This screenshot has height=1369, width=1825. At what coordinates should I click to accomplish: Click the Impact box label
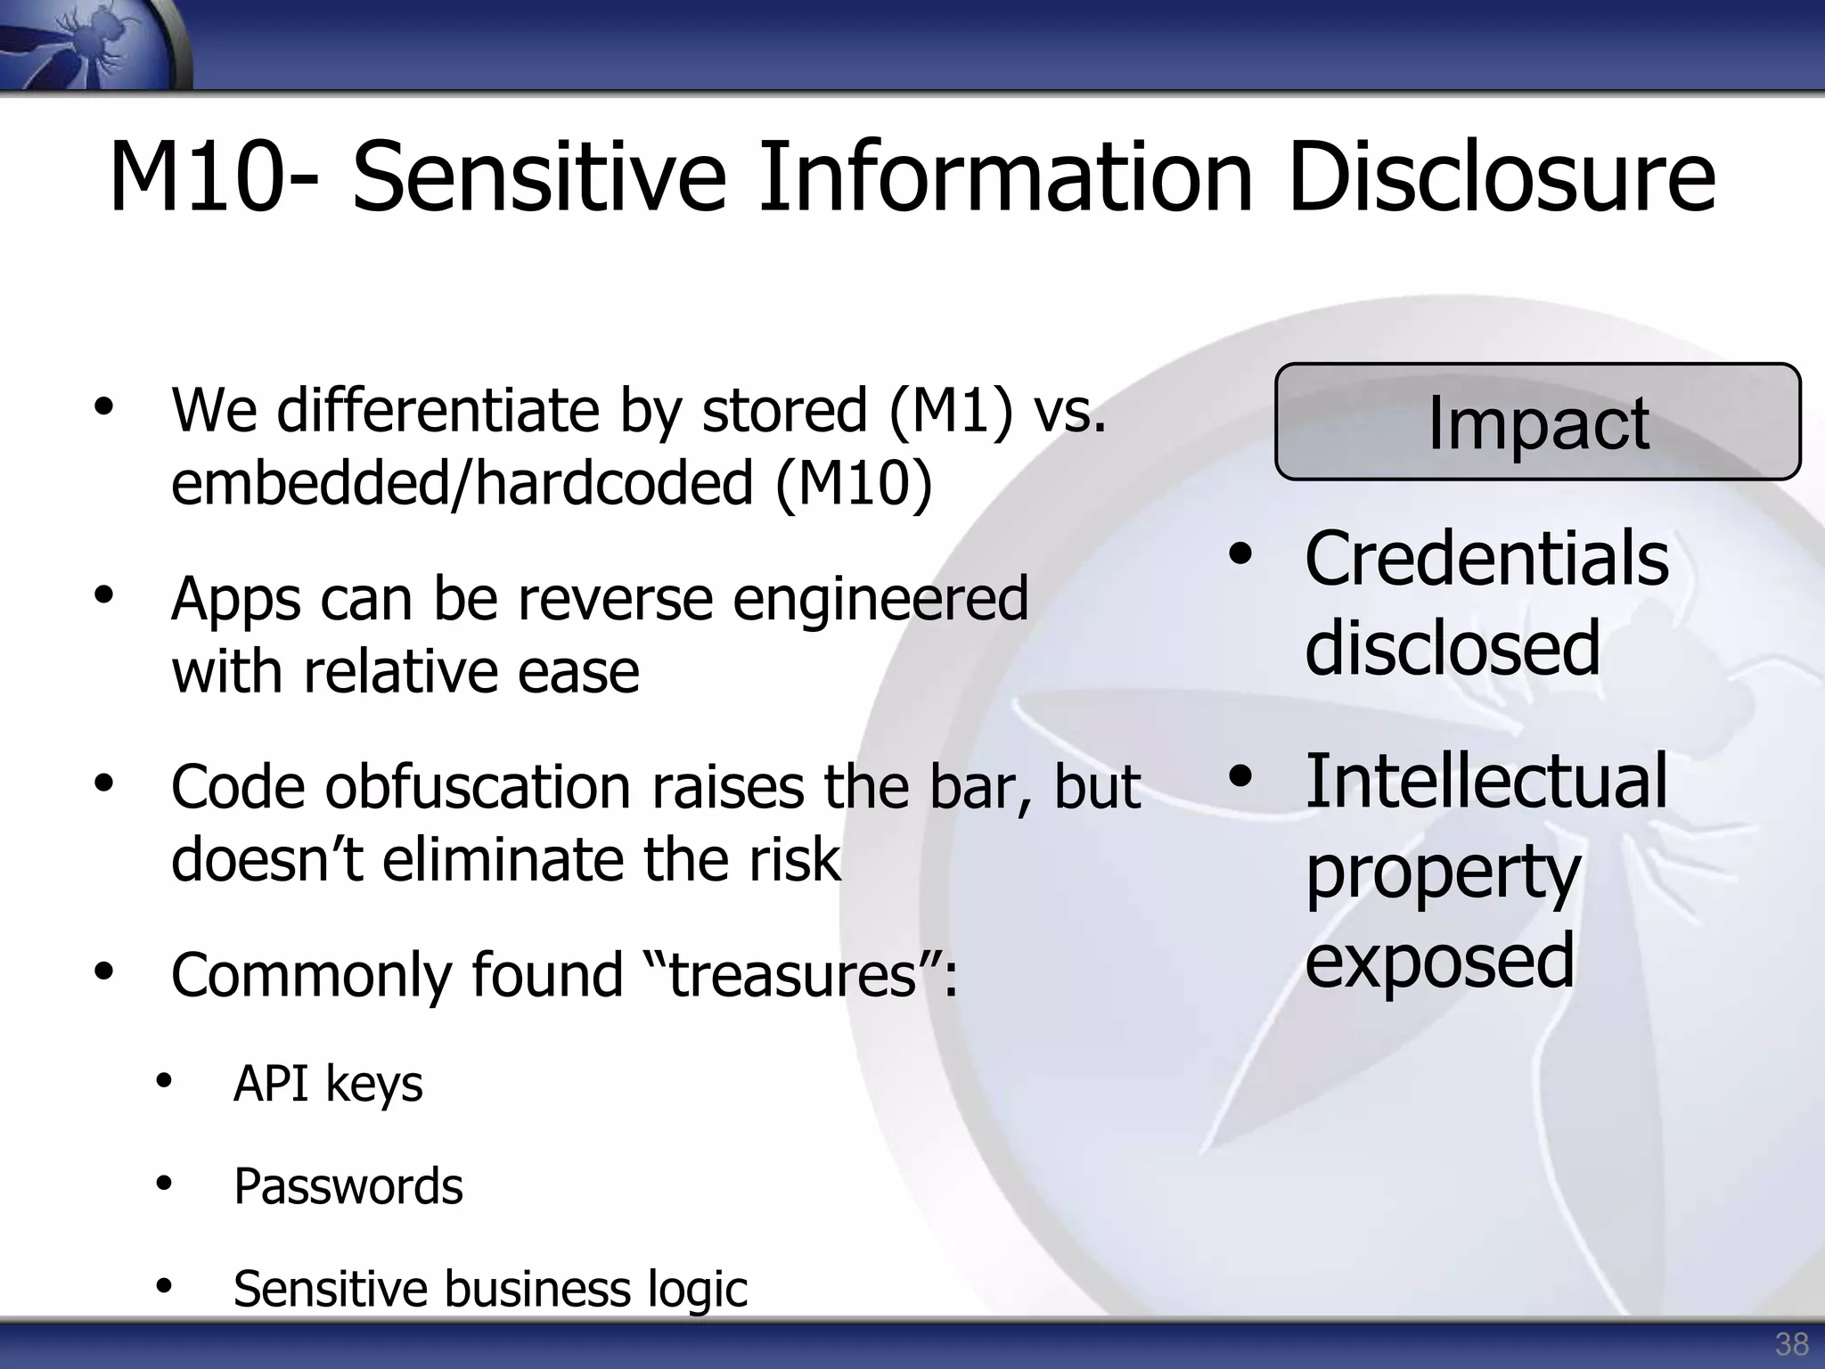click(x=1537, y=422)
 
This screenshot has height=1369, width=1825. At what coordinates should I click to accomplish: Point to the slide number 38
click(x=1791, y=1343)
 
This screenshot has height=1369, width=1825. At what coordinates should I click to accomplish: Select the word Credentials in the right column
click(x=1486, y=559)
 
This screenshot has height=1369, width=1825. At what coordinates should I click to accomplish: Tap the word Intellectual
click(x=1485, y=781)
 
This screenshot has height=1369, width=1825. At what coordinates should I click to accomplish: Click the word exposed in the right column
click(x=1440, y=960)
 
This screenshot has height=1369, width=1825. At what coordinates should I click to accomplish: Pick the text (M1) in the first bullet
click(x=951, y=411)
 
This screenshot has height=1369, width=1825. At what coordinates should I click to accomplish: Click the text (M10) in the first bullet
click(x=854, y=483)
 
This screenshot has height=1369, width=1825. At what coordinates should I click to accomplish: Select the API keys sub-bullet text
click(x=328, y=1085)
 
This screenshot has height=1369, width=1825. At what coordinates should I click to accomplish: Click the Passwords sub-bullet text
click(x=348, y=1186)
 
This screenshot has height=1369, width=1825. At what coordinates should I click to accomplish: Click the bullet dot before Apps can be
click(x=104, y=594)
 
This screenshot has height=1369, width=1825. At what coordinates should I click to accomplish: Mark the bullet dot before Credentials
click(x=1240, y=554)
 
